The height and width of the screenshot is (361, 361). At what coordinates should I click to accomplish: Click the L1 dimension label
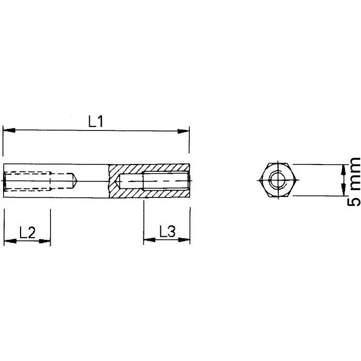96,122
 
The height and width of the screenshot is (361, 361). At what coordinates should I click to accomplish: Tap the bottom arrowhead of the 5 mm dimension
342,192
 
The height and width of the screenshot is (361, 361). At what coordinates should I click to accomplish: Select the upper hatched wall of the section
150,169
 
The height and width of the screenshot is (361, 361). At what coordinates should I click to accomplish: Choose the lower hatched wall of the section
150,193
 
